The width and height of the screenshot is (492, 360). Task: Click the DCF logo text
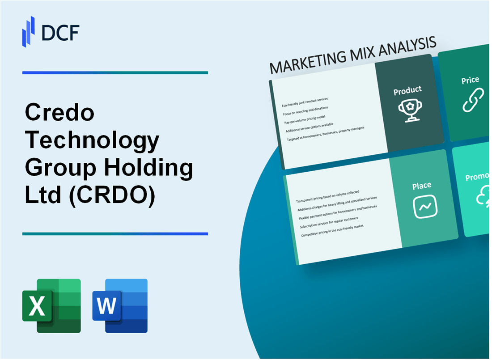[60, 32]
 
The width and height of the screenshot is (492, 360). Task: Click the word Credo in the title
[59, 113]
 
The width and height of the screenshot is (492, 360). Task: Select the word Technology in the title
[92, 140]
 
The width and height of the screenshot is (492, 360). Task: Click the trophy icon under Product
[408, 109]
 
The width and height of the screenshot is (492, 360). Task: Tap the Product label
[407, 90]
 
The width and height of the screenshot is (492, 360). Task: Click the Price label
[470, 80]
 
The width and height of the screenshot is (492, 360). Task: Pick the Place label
[422, 185]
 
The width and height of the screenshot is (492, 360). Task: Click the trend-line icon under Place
[424, 206]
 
